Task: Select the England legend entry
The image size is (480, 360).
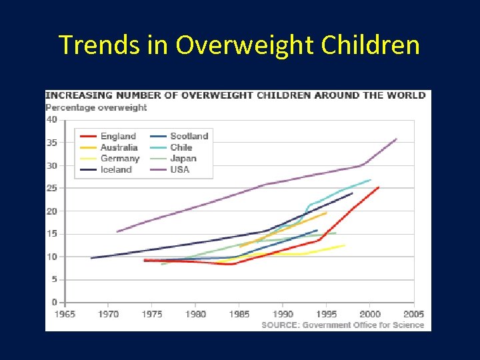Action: (x=118, y=136)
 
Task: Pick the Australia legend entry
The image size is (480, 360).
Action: (x=119, y=147)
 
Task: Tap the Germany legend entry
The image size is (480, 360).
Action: (x=120, y=159)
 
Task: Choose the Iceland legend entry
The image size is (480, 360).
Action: (x=116, y=169)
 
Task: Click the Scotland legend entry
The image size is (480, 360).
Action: (x=189, y=136)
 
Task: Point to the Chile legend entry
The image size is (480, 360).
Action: (x=181, y=147)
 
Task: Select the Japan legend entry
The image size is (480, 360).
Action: (x=183, y=159)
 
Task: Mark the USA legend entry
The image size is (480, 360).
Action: (x=179, y=169)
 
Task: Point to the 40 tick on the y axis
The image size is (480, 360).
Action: (x=51, y=120)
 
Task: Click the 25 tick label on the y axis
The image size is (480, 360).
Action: (x=51, y=189)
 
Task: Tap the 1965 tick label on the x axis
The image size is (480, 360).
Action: (x=65, y=314)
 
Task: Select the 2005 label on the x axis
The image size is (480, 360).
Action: (x=413, y=314)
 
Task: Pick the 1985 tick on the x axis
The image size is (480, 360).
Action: (x=239, y=314)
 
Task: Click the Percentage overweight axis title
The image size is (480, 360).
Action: (x=96, y=107)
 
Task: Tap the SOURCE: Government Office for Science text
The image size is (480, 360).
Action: (x=343, y=325)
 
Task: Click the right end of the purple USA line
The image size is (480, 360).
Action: (x=397, y=139)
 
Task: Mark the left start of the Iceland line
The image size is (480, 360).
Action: (x=91, y=258)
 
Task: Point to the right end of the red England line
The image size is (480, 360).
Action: (x=379, y=187)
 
